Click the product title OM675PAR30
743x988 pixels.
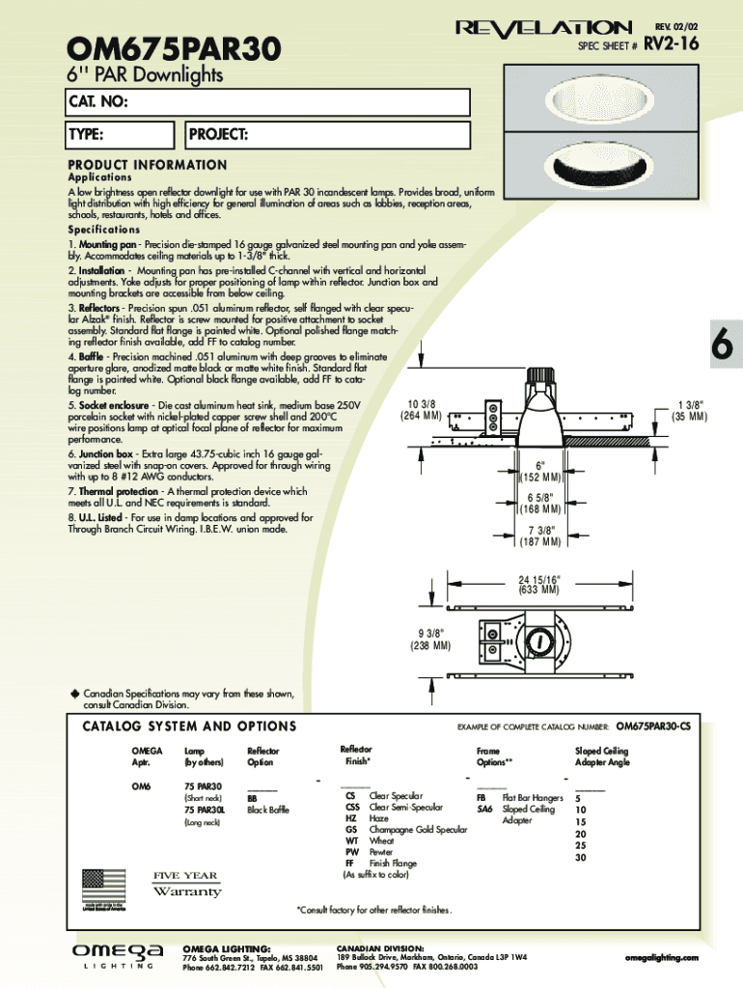point(174,46)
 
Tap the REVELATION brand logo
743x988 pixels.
point(543,28)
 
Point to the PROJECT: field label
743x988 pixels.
point(219,134)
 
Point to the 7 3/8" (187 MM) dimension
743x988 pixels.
point(540,535)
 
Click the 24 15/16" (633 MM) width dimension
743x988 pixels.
point(538,584)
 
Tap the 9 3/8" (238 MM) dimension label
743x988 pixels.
point(429,639)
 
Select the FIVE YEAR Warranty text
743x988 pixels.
point(185,883)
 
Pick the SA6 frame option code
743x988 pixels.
point(484,810)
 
